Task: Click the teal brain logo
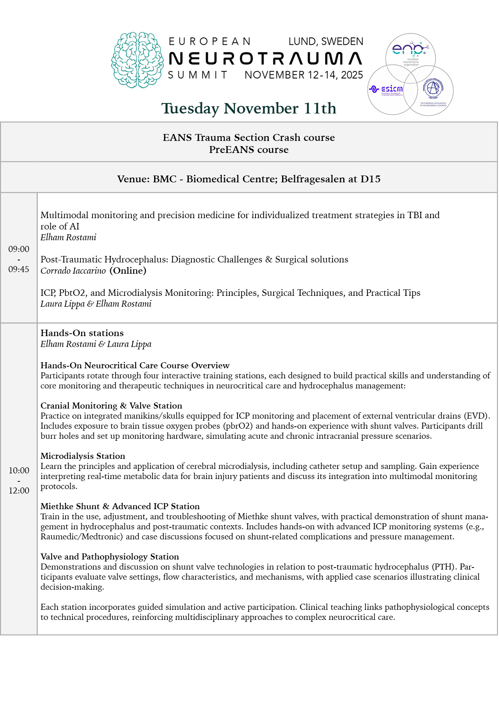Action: pyautogui.click(x=137, y=60)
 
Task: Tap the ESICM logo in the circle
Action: pyautogui.click(x=386, y=89)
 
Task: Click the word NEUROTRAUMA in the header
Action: pyautogui.click(x=265, y=59)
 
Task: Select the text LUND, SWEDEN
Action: pyautogui.click(x=326, y=41)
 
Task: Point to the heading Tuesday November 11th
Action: pyautogui.click(x=249, y=108)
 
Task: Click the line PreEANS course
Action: pyautogui.click(x=249, y=150)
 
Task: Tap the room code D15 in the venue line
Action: pyautogui.click(x=371, y=179)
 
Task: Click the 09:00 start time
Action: pyautogui.click(x=19, y=249)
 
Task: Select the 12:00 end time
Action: pyautogui.click(x=19, y=491)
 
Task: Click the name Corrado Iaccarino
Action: pyautogui.click(x=73, y=271)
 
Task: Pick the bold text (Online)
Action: pyautogui.click(x=128, y=271)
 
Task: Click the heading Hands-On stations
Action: pyautogui.click(x=82, y=333)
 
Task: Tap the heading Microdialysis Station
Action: pyautogui.click(x=83, y=456)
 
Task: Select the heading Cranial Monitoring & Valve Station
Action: pyautogui.click(x=111, y=406)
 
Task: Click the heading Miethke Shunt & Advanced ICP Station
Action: pyautogui.click(x=120, y=506)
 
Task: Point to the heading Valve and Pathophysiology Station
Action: pyautogui.click(x=110, y=557)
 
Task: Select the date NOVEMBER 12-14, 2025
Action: pyautogui.click(x=304, y=75)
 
